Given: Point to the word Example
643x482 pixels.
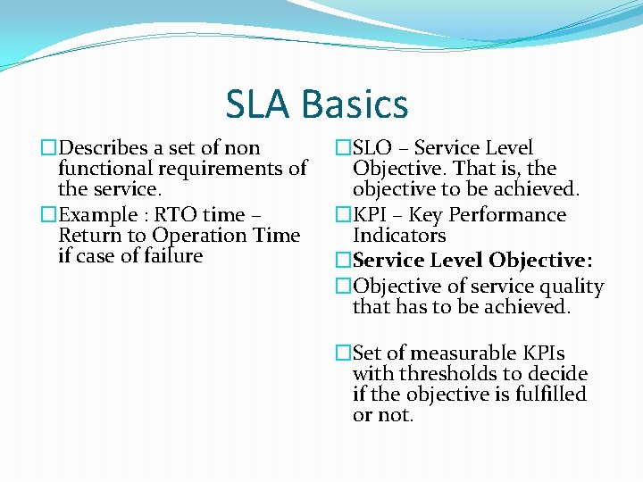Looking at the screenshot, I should click(x=97, y=215).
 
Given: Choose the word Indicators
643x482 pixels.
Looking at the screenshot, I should click(x=398, y=236).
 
